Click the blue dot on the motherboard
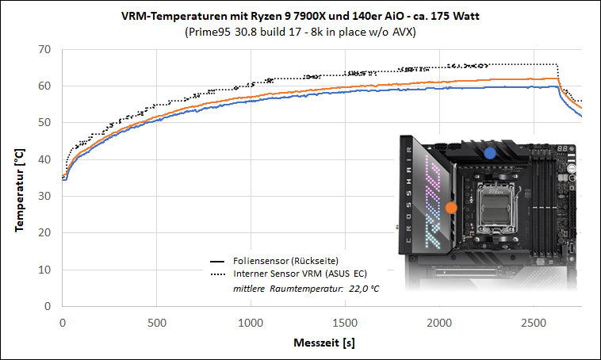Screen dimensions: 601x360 pos(489,153)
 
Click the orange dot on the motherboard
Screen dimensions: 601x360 pos(451,208)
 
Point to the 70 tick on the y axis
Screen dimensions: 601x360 pos(44,49)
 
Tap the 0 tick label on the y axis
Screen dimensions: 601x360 pos(48,306)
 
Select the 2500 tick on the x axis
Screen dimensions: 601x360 pos(534,323)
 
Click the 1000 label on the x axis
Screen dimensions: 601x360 pos(251,323)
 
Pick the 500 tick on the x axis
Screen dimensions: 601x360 pos(157,323)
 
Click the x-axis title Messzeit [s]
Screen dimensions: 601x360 pos(324,343)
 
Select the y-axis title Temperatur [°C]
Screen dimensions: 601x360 pos(19,190)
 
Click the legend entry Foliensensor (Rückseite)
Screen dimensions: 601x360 pos(285,261)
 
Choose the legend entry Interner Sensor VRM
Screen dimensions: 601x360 pos(278,274)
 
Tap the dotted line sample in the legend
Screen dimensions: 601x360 pos(218,274)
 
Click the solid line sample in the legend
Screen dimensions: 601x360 pos(217,262)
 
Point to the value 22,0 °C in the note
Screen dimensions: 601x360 pos(364,289)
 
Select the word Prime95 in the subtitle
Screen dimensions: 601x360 pos(208,32)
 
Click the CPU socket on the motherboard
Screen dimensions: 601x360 pos(496,207)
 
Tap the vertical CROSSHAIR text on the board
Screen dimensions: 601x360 pos(408,194)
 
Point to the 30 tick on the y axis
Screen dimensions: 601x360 pos(44,196)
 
